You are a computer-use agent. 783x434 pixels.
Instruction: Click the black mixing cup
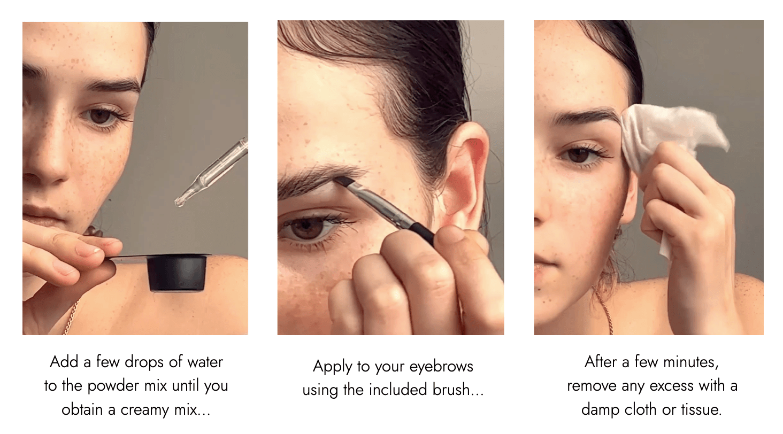[177, 273]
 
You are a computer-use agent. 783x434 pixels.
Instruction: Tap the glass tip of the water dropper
[179, 201]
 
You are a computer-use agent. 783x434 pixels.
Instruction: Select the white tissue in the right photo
[664, 140]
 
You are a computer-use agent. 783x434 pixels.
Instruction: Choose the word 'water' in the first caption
[205, 362]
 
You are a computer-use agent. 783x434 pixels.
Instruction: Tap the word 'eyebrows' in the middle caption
[441, 367]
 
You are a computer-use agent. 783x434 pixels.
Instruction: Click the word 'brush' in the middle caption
[450, 389]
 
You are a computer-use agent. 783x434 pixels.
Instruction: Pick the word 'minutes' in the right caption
[690, 362]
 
